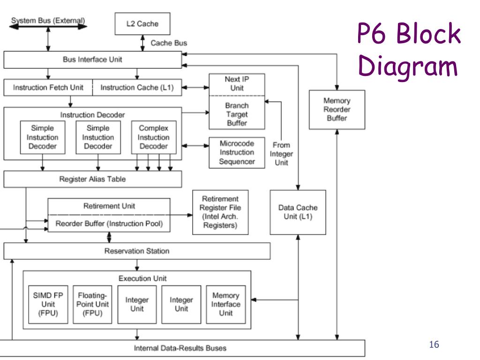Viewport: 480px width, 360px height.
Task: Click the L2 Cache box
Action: [x=142, y=23]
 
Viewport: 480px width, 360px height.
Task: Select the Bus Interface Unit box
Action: [x=92, y=60]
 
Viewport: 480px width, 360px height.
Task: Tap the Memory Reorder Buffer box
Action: [x=337, y=110]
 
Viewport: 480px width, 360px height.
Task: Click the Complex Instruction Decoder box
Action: [x=154, y=137]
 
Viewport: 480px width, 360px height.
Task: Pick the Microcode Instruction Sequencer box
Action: [x=237, y=152]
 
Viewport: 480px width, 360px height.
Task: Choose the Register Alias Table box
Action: [x=92, y=179]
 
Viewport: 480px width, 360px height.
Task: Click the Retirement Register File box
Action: [x=220, y=212]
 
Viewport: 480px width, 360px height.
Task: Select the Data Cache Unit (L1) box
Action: [x=298, y=212]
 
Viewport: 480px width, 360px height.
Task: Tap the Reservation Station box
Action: [x=137, y=251]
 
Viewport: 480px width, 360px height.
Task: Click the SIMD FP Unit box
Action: [x=48, y=304]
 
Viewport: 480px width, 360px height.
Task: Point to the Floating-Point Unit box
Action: [x=92, y=304]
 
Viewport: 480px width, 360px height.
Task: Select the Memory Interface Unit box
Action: [x=226, y=304]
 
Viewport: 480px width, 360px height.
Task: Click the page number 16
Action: [x=434, y=345]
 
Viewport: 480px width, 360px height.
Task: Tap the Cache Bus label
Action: [x=169, y=43]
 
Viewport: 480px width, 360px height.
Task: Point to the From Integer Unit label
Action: [x=281, y=154]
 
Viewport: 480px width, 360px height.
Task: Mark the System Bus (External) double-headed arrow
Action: [x=48, y=27]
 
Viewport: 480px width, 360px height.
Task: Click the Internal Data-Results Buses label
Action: [x=180, y=348]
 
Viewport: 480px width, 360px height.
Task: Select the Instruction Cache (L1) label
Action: [x=137, y=88]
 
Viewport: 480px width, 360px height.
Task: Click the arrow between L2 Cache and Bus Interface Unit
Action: [x=142, y=43]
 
